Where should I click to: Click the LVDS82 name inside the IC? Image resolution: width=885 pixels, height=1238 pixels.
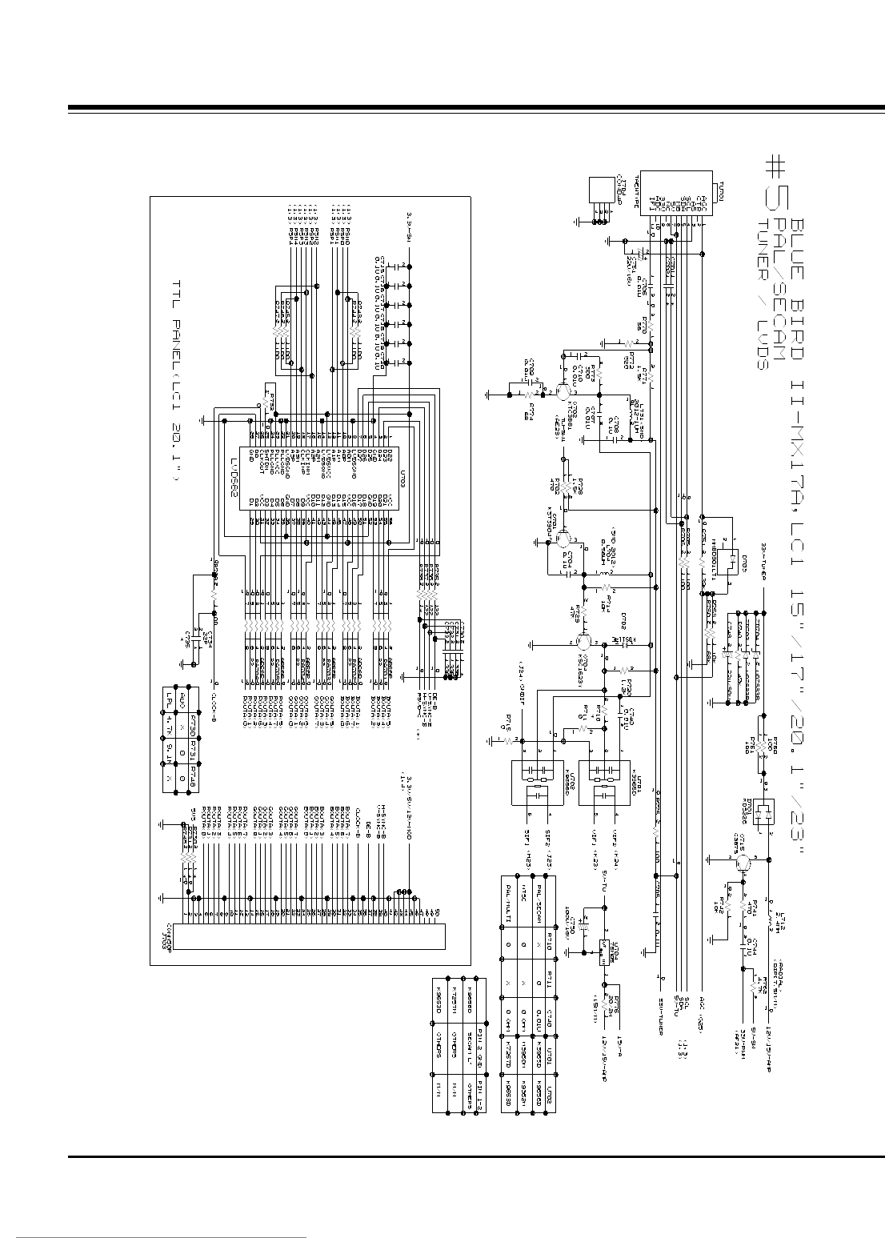click(x=236, y=479)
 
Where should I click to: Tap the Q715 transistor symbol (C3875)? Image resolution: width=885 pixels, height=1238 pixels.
click(x=743, y=861)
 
